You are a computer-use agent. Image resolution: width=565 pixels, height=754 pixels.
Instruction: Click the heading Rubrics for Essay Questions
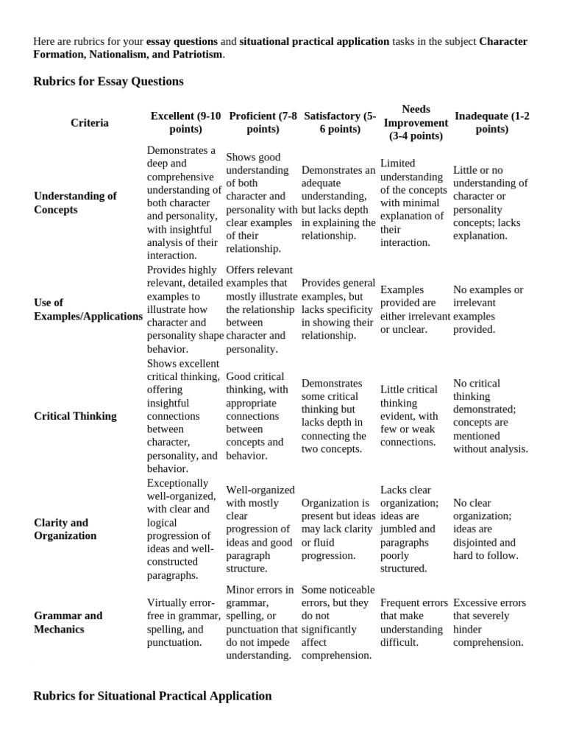point(108,82)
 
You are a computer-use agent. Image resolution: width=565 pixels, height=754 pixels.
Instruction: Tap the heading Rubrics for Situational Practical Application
point(152,696)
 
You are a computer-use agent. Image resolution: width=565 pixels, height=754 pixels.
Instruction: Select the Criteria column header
point(89,123)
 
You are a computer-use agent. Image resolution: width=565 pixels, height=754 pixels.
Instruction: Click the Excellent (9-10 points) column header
point(185,123)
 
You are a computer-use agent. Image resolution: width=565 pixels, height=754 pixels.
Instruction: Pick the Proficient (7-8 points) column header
point(263,123)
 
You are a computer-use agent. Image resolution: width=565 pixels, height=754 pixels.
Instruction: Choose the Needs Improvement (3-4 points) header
point(416,123)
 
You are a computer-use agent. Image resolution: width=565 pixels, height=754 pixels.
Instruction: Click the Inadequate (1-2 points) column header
point(491,123)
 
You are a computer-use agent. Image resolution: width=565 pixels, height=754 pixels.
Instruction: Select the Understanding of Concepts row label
point(75,202)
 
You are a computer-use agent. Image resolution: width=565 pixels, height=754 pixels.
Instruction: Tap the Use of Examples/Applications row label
point(88,309)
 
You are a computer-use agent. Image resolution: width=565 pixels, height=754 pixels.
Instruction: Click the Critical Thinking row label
point(75,416)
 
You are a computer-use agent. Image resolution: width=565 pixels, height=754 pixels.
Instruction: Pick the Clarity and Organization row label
point(65,529)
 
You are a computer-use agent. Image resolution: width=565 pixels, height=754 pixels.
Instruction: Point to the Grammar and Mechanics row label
point(68,622)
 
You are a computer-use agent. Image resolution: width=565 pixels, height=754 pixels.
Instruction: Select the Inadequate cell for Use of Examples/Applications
point(488,309)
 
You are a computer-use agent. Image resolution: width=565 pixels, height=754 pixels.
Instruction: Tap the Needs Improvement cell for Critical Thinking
point(409,416)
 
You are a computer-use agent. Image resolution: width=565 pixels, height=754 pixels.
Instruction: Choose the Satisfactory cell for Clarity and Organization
point(338,529)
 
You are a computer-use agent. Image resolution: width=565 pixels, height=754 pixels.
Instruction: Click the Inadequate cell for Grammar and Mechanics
point(489,622)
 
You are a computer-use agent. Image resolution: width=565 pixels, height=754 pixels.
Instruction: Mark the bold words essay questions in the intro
point(182,41)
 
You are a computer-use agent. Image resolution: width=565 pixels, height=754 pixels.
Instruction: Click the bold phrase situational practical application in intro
point(314,41)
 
